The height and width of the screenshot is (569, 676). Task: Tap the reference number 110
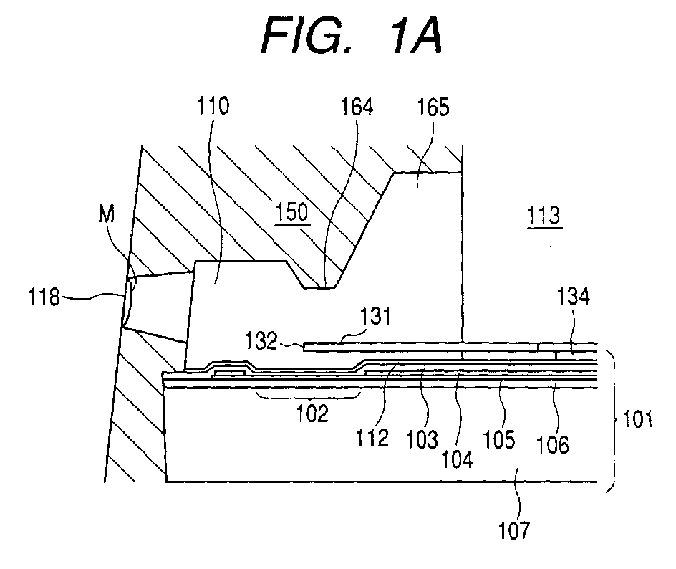pyautogui.click(x=213, y=105)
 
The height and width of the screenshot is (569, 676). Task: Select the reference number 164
pyautogui.click(x=357, y=106)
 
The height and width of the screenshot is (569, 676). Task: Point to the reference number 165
pyautogui.click(x=433, y=107)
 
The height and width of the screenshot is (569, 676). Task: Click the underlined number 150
pyautogui.click(x=292, y=212)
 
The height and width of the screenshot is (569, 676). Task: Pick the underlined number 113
pyautogui.click(x=544, y=216)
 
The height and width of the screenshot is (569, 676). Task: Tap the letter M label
pyautogui.click(x=106, y=214)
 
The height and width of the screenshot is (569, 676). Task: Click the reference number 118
pyautogui.click(x=44, y=297)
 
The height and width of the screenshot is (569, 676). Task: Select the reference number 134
pyautogui.click(x=574, y=297)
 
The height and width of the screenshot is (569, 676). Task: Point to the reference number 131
pyautogui.click(x=375, y=316)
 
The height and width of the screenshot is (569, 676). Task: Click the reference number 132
pyautogui.click(x=261, y=341)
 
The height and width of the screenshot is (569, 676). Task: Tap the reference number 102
pyautogui.click(x=312, y=413)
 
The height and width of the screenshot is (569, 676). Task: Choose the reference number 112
pyautogui.click(x=372, y=439)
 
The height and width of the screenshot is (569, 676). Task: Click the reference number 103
pyautogui.click(x=422, y=439)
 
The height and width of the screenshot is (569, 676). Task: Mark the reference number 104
pyautogui.click(x=457, y=459)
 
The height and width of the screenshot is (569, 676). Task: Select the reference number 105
pyautogui.click(x=498, y=439)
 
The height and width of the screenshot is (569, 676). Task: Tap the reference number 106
pyautogui.click(x=553, y=444)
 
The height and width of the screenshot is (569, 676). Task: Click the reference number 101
pyautogui.click(x=637, y=419)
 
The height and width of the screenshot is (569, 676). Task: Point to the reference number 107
pyautogui.click(x=514, y=530)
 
